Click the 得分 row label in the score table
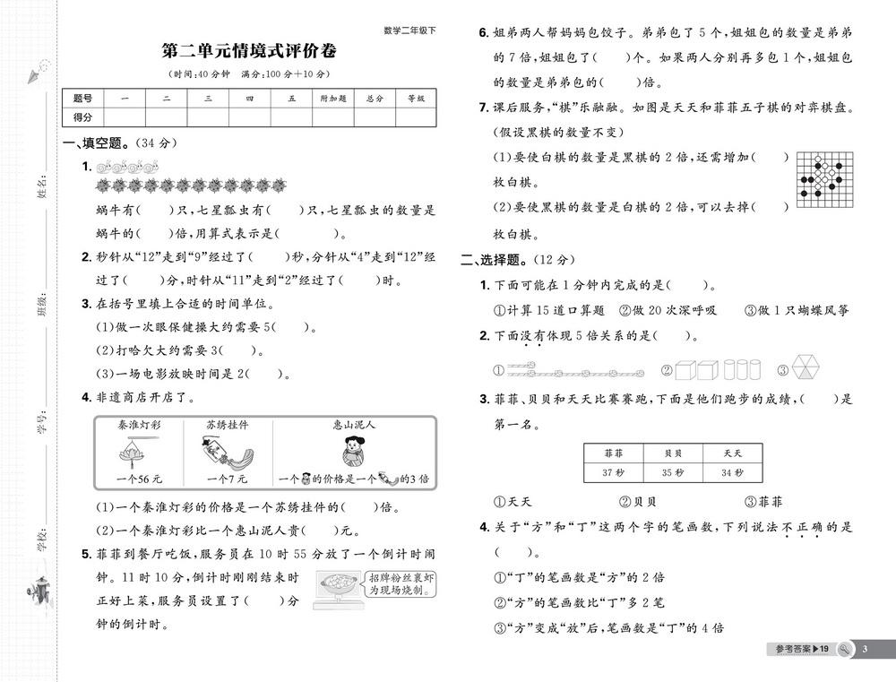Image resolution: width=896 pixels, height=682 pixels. point(82,117)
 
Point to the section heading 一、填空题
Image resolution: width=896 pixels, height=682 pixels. point(97,143)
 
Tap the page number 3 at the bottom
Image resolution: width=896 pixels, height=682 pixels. point(865,649)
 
